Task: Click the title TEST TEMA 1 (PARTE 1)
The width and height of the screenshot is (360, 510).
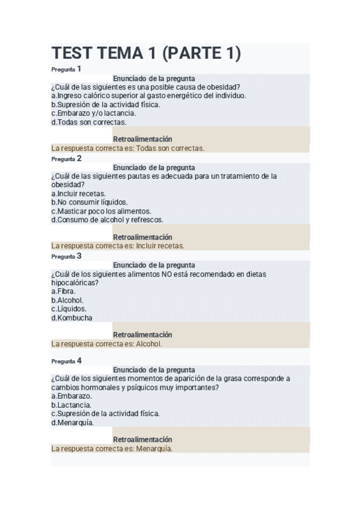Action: (146, 54)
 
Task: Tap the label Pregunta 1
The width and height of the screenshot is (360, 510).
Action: (66, 69)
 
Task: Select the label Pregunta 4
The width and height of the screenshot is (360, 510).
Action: (66, 361)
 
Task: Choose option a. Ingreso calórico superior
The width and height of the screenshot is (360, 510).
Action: (148, 95)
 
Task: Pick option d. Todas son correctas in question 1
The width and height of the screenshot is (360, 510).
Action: (88, 121)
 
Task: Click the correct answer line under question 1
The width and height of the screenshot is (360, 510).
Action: (128, 148)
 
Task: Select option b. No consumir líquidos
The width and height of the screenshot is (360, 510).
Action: (89, 202)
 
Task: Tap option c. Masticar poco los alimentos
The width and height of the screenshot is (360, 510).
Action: (100, 211)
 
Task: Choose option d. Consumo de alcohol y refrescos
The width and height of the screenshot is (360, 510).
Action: (107, 220)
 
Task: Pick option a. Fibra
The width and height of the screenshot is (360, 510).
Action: (63, 291)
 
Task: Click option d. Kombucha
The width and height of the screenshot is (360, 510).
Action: (72, 318)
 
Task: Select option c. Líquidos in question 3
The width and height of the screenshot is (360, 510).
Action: (69, 309)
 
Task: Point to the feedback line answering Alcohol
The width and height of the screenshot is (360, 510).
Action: (107, 344)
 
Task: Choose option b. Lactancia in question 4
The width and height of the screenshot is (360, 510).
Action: (71, 405)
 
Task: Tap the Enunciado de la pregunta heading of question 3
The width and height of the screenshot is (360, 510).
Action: (154, 265)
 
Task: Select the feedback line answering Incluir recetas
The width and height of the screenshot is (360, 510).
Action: (118, 245)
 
